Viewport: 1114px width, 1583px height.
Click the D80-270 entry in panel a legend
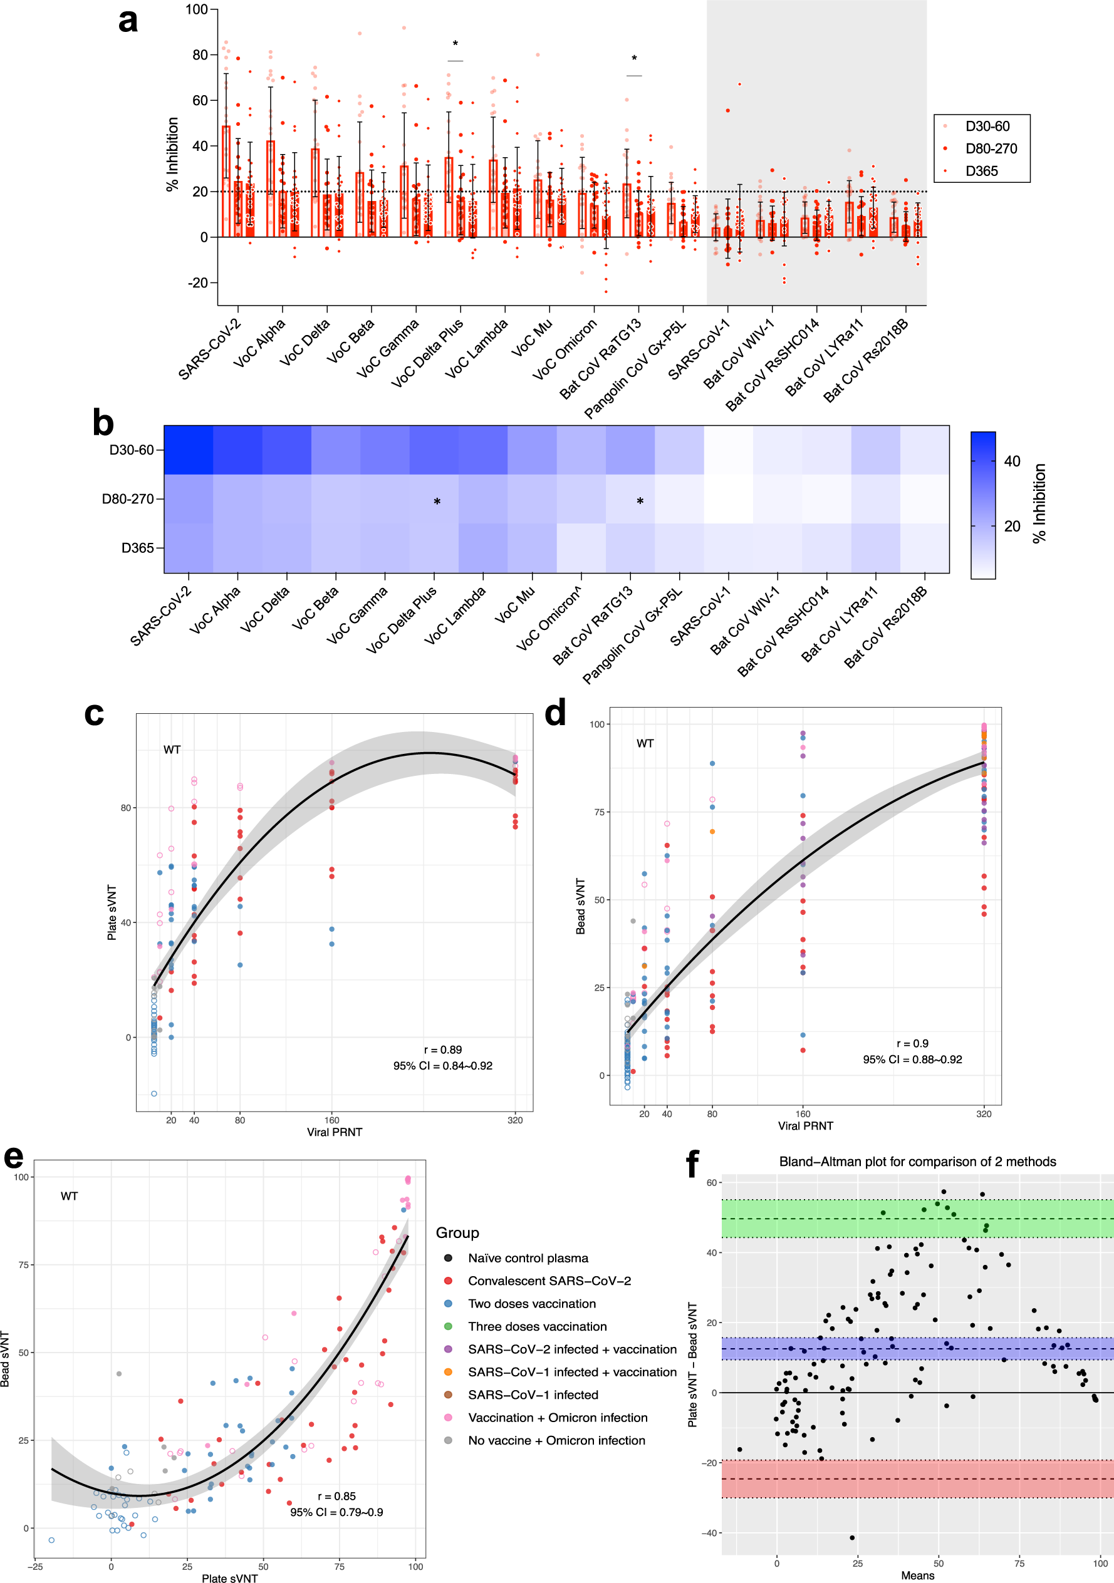(990, 149)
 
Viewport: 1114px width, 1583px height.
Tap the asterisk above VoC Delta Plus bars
(455, 44)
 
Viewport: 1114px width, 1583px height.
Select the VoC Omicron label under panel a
(565, 349)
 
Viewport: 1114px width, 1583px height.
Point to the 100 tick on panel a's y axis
(197, 9)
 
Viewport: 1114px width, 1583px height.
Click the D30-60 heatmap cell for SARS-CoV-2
(189, 450)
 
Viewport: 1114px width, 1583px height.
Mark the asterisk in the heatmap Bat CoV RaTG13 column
(640, 501)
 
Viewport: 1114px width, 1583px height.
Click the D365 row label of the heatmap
(137, 548)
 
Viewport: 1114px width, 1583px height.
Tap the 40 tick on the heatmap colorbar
(1011, 461)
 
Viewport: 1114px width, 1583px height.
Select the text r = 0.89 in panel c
(443, 1050)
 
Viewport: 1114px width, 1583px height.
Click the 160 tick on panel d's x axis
(803, 1113)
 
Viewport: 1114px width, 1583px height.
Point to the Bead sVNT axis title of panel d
(581, 907)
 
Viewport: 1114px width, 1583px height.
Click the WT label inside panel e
(69, 1196)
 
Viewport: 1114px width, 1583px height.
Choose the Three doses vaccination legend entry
(537, 1326)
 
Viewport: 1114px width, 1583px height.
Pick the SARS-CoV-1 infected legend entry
(533, 1395)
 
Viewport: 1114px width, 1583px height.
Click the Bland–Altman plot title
(917, 1162)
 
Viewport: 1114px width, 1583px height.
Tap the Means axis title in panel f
(917, 1575)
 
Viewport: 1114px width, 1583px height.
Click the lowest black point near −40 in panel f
(852, 1537)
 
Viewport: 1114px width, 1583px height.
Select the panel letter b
(103, 423)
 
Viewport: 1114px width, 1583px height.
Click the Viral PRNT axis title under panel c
(335, 1132)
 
